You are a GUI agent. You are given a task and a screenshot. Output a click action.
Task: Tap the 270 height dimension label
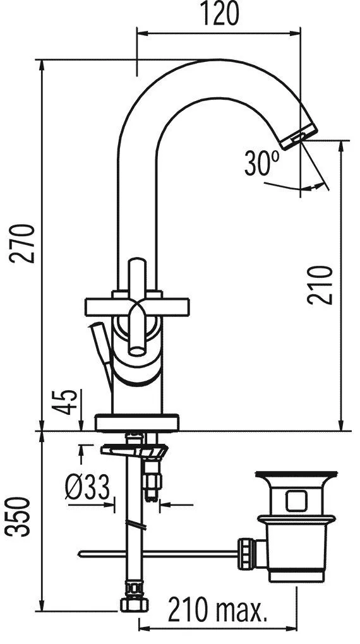(x=22, y=243)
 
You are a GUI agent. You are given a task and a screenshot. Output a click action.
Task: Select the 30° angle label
(x=261, y=163)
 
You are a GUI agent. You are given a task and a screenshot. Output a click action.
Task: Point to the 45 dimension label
(x=64, y=402)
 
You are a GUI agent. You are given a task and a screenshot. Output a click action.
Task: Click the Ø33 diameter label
(x=88, y=487)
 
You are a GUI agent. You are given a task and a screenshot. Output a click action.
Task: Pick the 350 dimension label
(x=18, y=516)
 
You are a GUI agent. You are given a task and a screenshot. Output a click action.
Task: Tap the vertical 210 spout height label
(x=320, y=285)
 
